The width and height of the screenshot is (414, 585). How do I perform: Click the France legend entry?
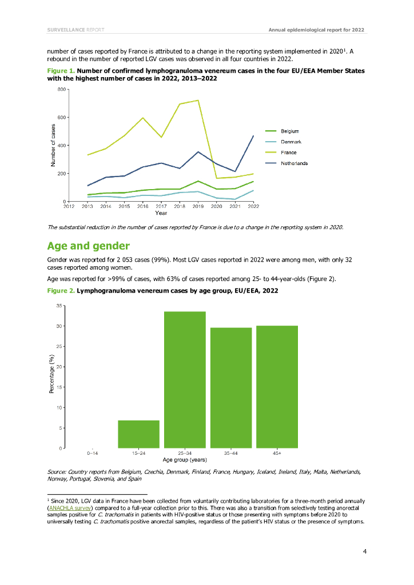click(x=288, y=153)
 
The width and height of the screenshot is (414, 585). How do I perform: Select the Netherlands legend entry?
click(x=293, y=163)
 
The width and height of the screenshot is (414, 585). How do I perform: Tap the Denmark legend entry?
click(x=290, y=142)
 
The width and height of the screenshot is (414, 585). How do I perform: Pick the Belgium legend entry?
click(x=289, y=131)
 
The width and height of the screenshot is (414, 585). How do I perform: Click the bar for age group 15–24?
click(x=138, y=434)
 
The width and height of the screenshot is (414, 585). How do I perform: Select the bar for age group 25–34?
click(x=185, y=380)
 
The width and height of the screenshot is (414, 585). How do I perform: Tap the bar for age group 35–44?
click(x=231, y=388)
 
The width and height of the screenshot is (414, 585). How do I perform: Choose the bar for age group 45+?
click(x=277, y=387)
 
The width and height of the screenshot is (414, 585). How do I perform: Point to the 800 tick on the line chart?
click(x=61, y=90)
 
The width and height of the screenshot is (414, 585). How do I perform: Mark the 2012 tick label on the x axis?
click(x=69, y=206)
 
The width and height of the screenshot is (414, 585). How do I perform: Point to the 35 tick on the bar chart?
click(x=59, y=306)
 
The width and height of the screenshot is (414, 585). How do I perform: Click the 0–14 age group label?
click(x=92, y=453)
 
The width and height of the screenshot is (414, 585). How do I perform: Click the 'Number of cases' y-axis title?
click(x=53, y=145)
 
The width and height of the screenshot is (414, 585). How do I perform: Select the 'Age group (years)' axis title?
click(x=184, y=459)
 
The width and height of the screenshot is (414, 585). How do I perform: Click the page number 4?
click(x=364, y=551)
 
